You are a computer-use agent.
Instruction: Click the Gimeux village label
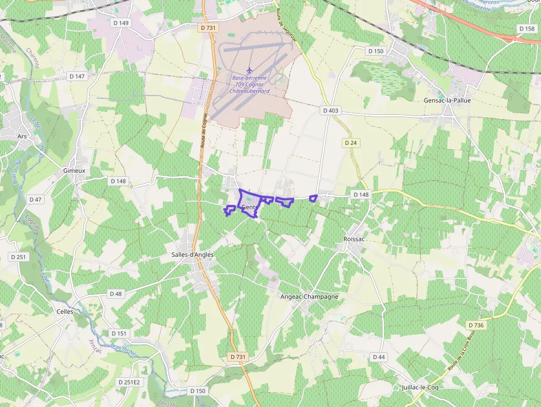point(74,171)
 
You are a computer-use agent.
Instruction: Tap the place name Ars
point(22,136)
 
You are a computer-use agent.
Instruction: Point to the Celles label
point(65,311)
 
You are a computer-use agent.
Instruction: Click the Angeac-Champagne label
point(309,297)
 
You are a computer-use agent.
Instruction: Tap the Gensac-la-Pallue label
point(447,101)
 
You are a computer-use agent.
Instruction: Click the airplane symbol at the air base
point(250,70)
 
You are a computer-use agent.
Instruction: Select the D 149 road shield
point(120,23)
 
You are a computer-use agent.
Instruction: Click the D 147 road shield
point(77,76)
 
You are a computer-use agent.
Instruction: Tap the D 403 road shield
point(330,110)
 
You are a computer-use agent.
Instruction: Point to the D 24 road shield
point(351,142)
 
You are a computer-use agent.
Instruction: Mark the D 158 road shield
point(527,28)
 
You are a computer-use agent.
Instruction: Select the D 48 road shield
point(115,294)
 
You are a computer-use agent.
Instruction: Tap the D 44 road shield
point(379,357)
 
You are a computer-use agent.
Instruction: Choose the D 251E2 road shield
point(129,382)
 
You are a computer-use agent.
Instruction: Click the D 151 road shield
point(119,333)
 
